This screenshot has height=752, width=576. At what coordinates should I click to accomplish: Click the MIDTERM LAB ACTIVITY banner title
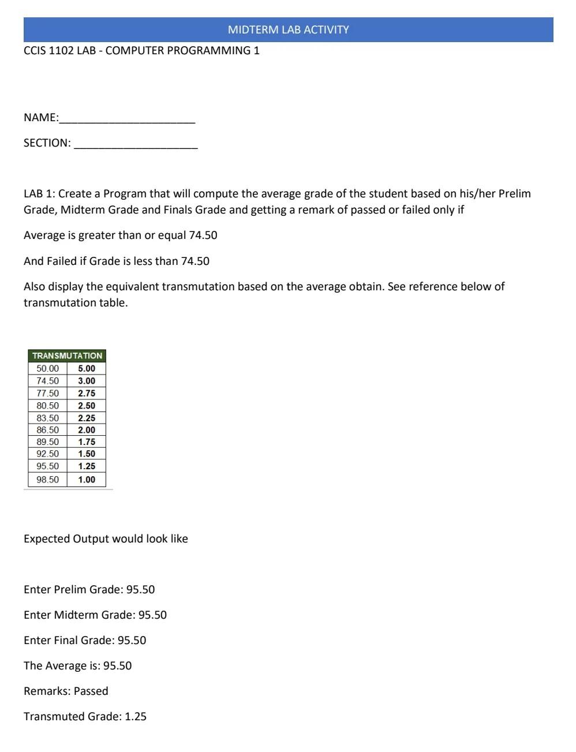pyautogui.click(x=288, y=29)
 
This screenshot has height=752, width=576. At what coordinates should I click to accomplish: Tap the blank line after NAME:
pyautogui.click(x=127, y=118)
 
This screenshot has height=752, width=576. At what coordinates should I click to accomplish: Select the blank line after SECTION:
pyautogui.click(x=136, y=144)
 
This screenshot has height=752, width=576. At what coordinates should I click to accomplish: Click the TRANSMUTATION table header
pyautogui.click(x=67, y=356)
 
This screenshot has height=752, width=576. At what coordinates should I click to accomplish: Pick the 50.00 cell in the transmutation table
pyautogui.click(x=47, y=368)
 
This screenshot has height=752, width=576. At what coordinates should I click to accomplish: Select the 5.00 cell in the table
pyautogui.click(x=87, y=368)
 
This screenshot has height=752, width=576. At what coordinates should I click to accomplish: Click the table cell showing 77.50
pyautogui.click(x=47, y=393)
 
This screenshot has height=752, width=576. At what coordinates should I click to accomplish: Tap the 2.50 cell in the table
pyautogui.click(x=87, y=406)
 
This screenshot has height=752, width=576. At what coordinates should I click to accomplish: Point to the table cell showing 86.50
pyautogui.click(x=47, y=430)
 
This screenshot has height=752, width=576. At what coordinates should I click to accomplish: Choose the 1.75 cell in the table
pyautogui.click(x=87, y=442)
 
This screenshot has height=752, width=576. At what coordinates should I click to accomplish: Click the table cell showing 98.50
pyautogui.click(x=47, y=480)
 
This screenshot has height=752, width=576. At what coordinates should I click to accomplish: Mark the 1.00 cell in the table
pyautogui.click(x=87, y=480)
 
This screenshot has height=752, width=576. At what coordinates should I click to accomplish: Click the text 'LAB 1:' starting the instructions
pyautogui.click(x=39, y=194)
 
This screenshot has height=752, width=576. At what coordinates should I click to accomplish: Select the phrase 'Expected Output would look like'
pyautogui.click(x=106, y=539)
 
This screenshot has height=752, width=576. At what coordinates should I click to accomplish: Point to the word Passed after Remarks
pyautogui.click(x=91, y=691)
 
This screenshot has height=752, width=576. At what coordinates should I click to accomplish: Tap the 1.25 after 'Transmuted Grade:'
pyautogui.click(x=136, y=717)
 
